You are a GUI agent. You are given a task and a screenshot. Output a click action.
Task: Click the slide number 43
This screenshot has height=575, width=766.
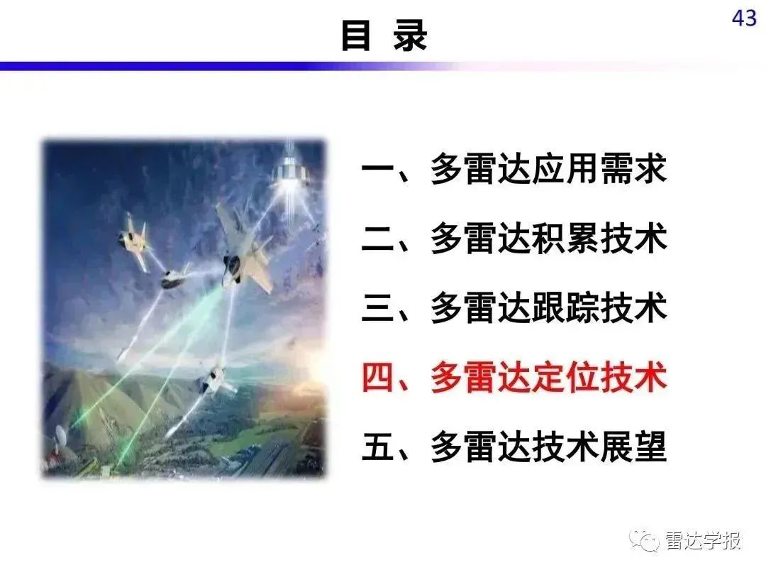744,18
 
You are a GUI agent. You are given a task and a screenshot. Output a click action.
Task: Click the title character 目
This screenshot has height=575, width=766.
355,35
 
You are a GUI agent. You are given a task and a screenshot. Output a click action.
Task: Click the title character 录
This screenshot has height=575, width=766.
410,35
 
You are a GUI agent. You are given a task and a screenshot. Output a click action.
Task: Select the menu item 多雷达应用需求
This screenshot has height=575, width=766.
548,169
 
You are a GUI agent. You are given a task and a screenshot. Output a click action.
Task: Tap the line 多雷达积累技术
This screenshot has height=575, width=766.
548,239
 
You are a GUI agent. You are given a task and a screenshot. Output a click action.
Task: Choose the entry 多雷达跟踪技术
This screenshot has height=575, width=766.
548,308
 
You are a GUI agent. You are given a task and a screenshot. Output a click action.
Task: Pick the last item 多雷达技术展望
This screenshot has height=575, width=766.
548,447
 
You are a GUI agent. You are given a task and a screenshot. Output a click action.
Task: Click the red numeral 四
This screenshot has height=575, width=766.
377,378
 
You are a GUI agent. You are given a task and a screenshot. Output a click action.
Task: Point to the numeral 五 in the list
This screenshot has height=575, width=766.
377,447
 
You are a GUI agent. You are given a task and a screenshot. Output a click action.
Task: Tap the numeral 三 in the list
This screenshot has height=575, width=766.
377,308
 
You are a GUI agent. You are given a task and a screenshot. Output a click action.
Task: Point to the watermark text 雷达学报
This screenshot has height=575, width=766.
702,540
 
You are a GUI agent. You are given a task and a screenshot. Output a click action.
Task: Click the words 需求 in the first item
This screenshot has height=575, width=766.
633,169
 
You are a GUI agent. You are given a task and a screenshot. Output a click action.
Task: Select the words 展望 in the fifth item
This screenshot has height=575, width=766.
633,447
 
